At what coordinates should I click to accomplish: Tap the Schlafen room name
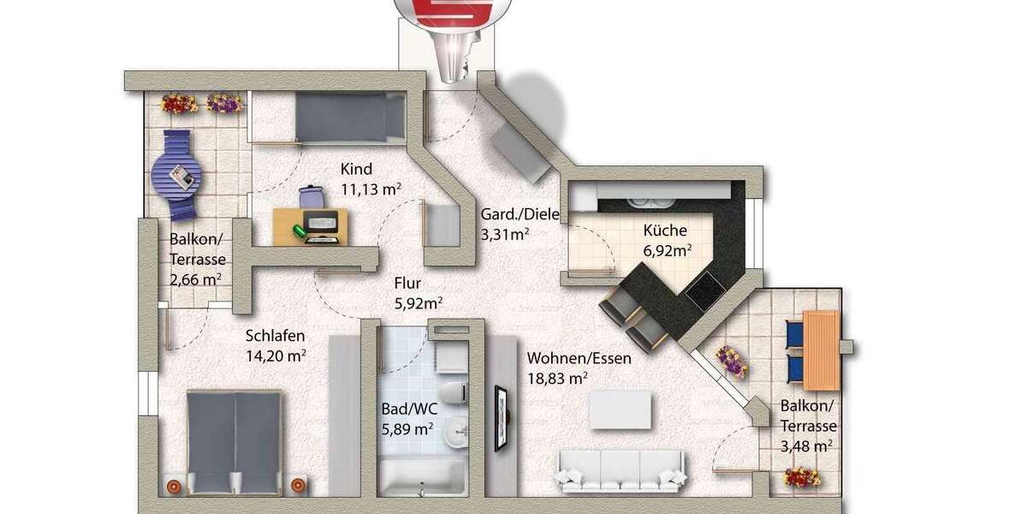pyautogui.click(x=275, y=335)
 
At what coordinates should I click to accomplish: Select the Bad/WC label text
pyautogui.click(x=405, y=409)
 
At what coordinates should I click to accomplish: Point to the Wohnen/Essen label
pyautogui.click(x=579, y=358)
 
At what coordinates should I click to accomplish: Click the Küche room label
pyautogui.click(x=664, y=230)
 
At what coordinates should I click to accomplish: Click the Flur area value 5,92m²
pyautogui.click(x=418, y=302)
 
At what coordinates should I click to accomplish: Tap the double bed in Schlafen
pyautogui.click(x=234, y=441)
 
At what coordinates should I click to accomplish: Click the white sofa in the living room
pyautogui.click(x=621, y=469)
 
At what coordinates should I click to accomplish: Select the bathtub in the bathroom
pyautogui.click(x=422, y=476)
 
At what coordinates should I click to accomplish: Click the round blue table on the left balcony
pyautogui.click(x=177, y=176)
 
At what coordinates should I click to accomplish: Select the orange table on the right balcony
pyautogui.click(x=820, y=350)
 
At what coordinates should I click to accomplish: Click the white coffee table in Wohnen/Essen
pyautogui.click(x=619, y=409)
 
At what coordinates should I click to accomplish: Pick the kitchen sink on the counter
pyautogui.click(x=644, y=202)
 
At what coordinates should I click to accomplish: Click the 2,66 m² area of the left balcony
pyautogui.click(x=195, y=278)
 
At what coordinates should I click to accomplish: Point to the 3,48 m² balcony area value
pyautogui.click(x=807, y=445)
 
